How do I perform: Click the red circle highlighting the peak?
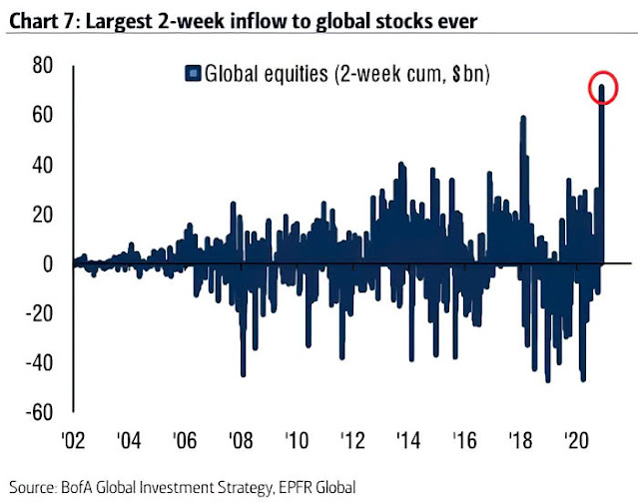(x=602, y=88)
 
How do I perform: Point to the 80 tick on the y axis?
(x=42, y=66)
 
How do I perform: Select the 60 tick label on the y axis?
(x=42, y=116)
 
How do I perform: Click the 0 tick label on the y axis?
(x=48, y=263)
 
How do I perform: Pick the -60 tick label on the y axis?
(x=38, y=411)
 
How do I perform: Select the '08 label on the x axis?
(x=240, y=441)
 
